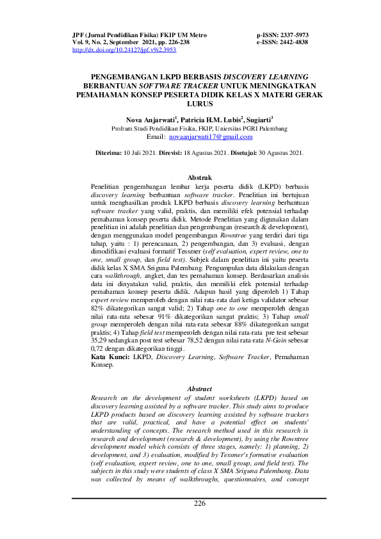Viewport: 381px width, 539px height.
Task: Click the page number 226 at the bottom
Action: (x=199, y=503)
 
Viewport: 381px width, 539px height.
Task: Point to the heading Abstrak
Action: (x=199, y=177)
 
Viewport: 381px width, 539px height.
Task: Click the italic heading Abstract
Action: (x=199, y=389)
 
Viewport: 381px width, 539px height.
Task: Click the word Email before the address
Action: (x=156, y=137)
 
